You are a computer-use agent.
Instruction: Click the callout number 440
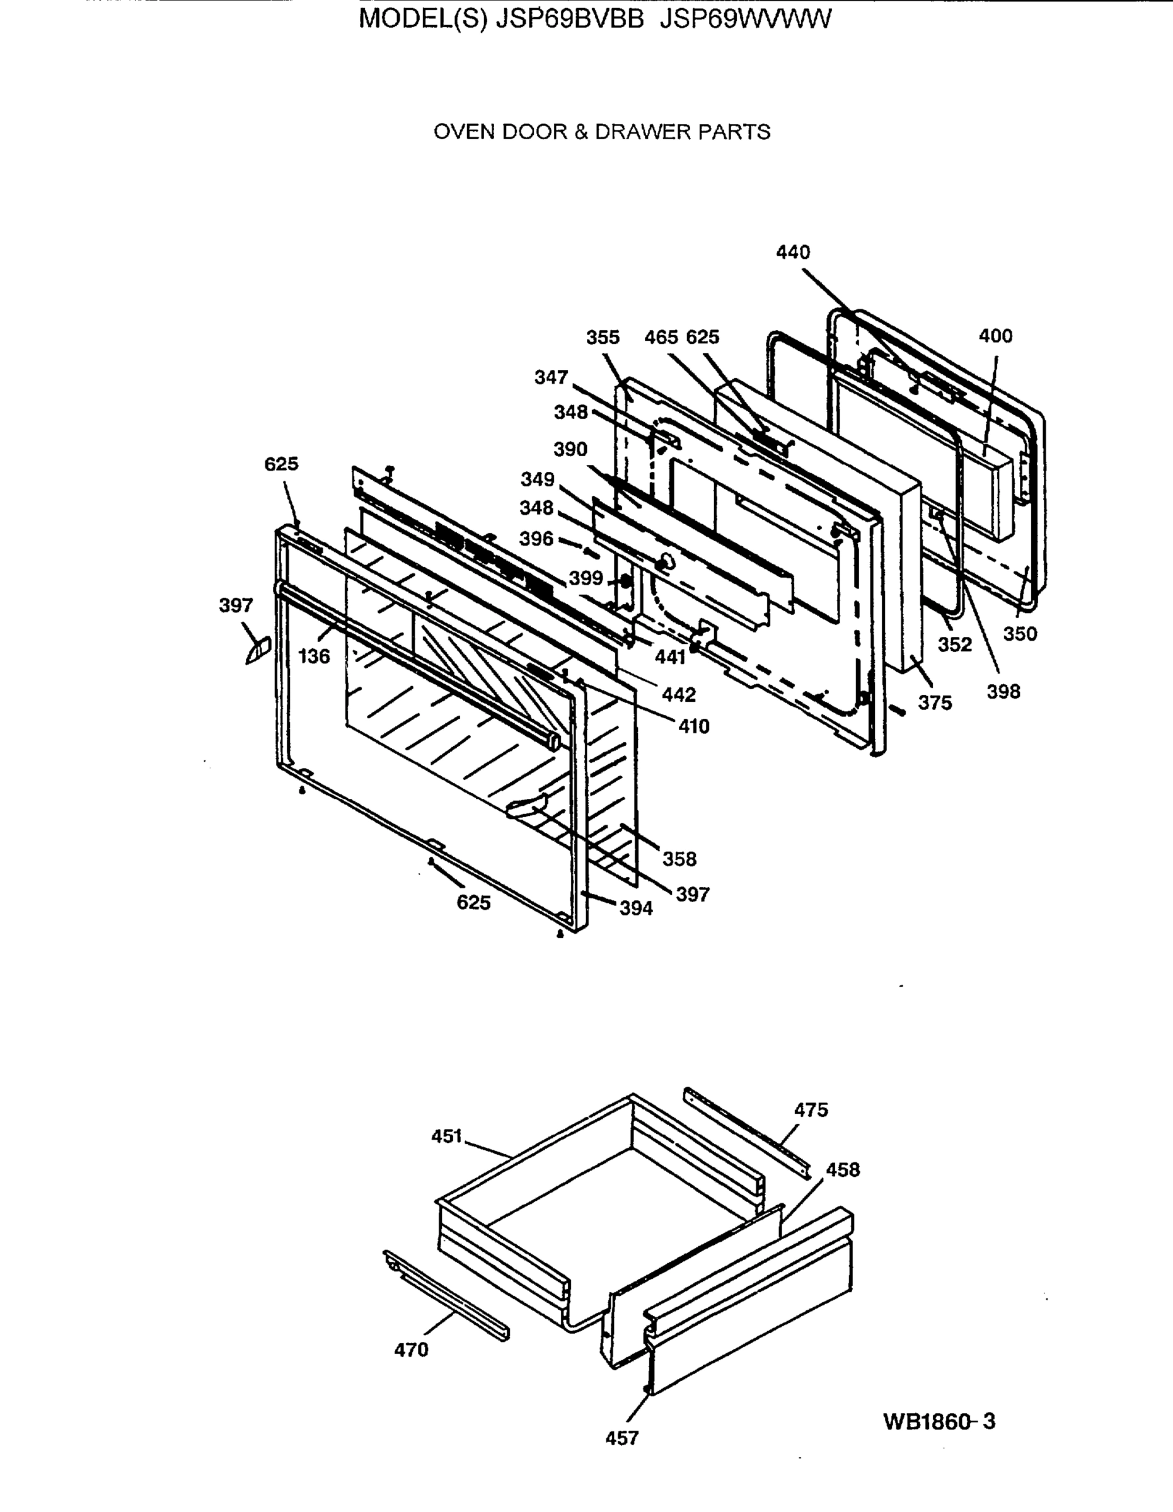(792, 252)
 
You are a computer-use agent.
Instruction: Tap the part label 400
(995, 336)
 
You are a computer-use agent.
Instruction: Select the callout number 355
(603, 337)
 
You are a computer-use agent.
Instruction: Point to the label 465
(661, 337)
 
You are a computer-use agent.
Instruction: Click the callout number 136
(314, 656)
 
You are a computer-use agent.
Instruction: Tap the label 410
(693, 726)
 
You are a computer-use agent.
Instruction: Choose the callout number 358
(679, 859)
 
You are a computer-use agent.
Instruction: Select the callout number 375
(935, 702)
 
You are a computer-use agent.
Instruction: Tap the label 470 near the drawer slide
(412, 1349)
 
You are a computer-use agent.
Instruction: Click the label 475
(810, 1110)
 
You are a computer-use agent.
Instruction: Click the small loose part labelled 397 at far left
(257, 651)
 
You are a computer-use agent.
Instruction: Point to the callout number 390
(570, 449)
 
